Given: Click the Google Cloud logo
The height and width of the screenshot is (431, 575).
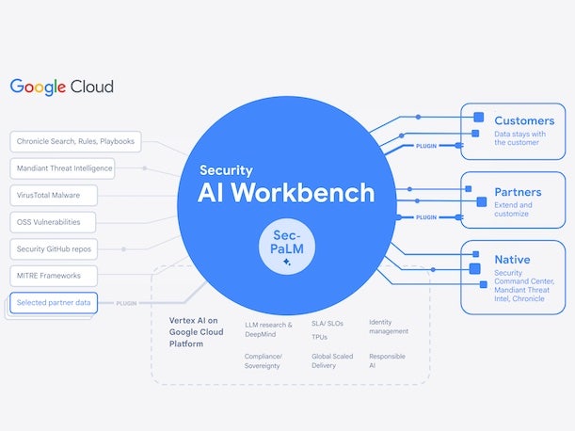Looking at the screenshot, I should click(x=62, y=87).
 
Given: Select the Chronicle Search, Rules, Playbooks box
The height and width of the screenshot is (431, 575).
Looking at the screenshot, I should click(x=75, y=142).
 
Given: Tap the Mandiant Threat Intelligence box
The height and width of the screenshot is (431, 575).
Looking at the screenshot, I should click(x=64, y=168).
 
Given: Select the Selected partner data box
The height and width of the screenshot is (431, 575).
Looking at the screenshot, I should click(x=54, y=303).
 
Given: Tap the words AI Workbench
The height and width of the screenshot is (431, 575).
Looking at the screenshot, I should click(x=286, y=193).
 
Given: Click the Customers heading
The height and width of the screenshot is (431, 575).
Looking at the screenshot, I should click(x=524, y=120).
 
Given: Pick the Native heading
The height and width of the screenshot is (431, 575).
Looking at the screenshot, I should click(x=512, y=259).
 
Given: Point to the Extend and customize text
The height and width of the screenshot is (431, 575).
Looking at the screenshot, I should click(x=514, y=210).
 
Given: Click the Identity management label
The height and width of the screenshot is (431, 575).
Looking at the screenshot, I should click(x=389, y=327).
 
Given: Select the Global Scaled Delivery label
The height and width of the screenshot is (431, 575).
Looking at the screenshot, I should click(x=332, y=360).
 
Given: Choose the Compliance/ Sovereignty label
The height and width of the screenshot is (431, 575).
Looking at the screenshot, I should click(x=264, y=360).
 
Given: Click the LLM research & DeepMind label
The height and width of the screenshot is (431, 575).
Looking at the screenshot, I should click(x=269, y=328).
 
